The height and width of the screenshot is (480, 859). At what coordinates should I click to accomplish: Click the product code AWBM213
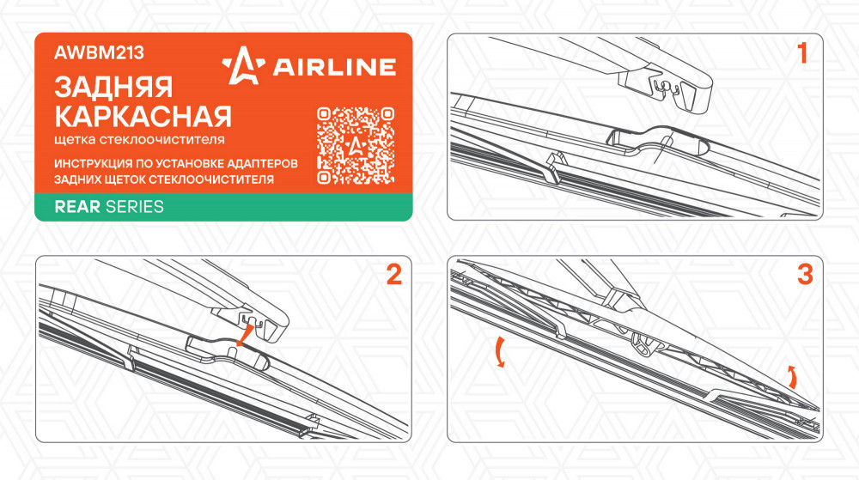tap(99, 52)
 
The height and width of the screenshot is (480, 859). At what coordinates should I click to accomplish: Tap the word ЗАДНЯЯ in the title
tap(113, 88)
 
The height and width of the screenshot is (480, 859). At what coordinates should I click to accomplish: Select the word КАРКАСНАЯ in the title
tap(143, 116)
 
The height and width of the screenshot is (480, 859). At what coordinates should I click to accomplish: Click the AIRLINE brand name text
tap(334, 67)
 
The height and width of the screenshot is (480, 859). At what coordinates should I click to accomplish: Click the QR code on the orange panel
tap(356, 145)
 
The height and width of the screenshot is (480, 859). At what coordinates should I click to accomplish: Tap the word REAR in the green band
tap(77, 207)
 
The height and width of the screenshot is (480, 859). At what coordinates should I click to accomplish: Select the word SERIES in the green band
tap(135, 207)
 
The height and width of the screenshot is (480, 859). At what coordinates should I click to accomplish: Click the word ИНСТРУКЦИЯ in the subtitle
tap(93, 164)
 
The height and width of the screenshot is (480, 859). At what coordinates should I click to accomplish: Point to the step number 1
tap(802, 53)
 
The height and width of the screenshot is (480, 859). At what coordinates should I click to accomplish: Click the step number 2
tap(394, 274)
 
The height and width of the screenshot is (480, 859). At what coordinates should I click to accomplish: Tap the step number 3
tap(805, 274)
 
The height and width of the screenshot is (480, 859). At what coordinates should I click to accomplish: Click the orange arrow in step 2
tap(245, 335)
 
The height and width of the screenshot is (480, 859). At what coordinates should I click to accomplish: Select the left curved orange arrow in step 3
tap(499, 352)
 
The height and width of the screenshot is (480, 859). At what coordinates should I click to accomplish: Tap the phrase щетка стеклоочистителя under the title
tap(139, 140)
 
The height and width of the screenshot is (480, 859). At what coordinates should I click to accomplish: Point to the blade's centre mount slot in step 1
tap(658, 141)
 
